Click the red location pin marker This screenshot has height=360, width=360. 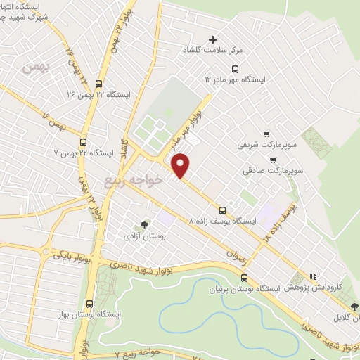[181, 165]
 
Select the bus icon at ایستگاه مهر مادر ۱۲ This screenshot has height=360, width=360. [235, 69]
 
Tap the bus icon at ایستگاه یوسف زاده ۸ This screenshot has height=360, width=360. [223, 210]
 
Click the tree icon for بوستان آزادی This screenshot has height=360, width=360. [145, 225]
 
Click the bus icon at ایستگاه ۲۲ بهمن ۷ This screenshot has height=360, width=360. [84, 141]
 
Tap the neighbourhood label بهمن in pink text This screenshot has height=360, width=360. [33, 68]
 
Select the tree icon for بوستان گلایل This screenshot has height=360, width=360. [354, 307]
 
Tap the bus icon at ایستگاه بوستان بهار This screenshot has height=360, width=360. [89, 303]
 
